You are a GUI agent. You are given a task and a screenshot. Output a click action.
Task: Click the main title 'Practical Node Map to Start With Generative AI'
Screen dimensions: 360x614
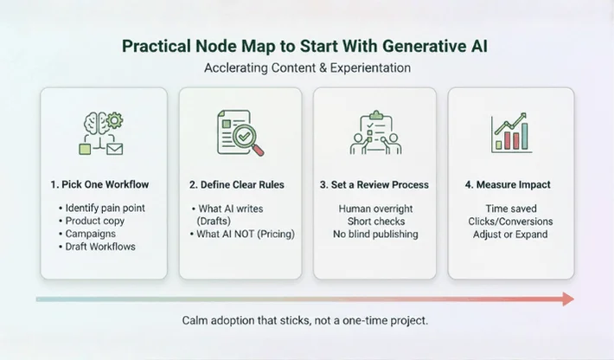(x=306, y=46)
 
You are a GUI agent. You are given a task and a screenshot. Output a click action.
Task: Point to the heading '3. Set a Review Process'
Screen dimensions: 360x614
(x=374, y=184)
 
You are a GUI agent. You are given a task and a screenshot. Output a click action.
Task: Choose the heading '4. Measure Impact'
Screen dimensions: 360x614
(x=509, y=184)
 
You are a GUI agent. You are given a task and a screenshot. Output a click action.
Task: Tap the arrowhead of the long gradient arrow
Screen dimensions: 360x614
(x=568, y=299)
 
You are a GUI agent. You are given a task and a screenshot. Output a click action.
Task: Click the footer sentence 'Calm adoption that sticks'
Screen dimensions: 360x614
(x=306, y=320)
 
